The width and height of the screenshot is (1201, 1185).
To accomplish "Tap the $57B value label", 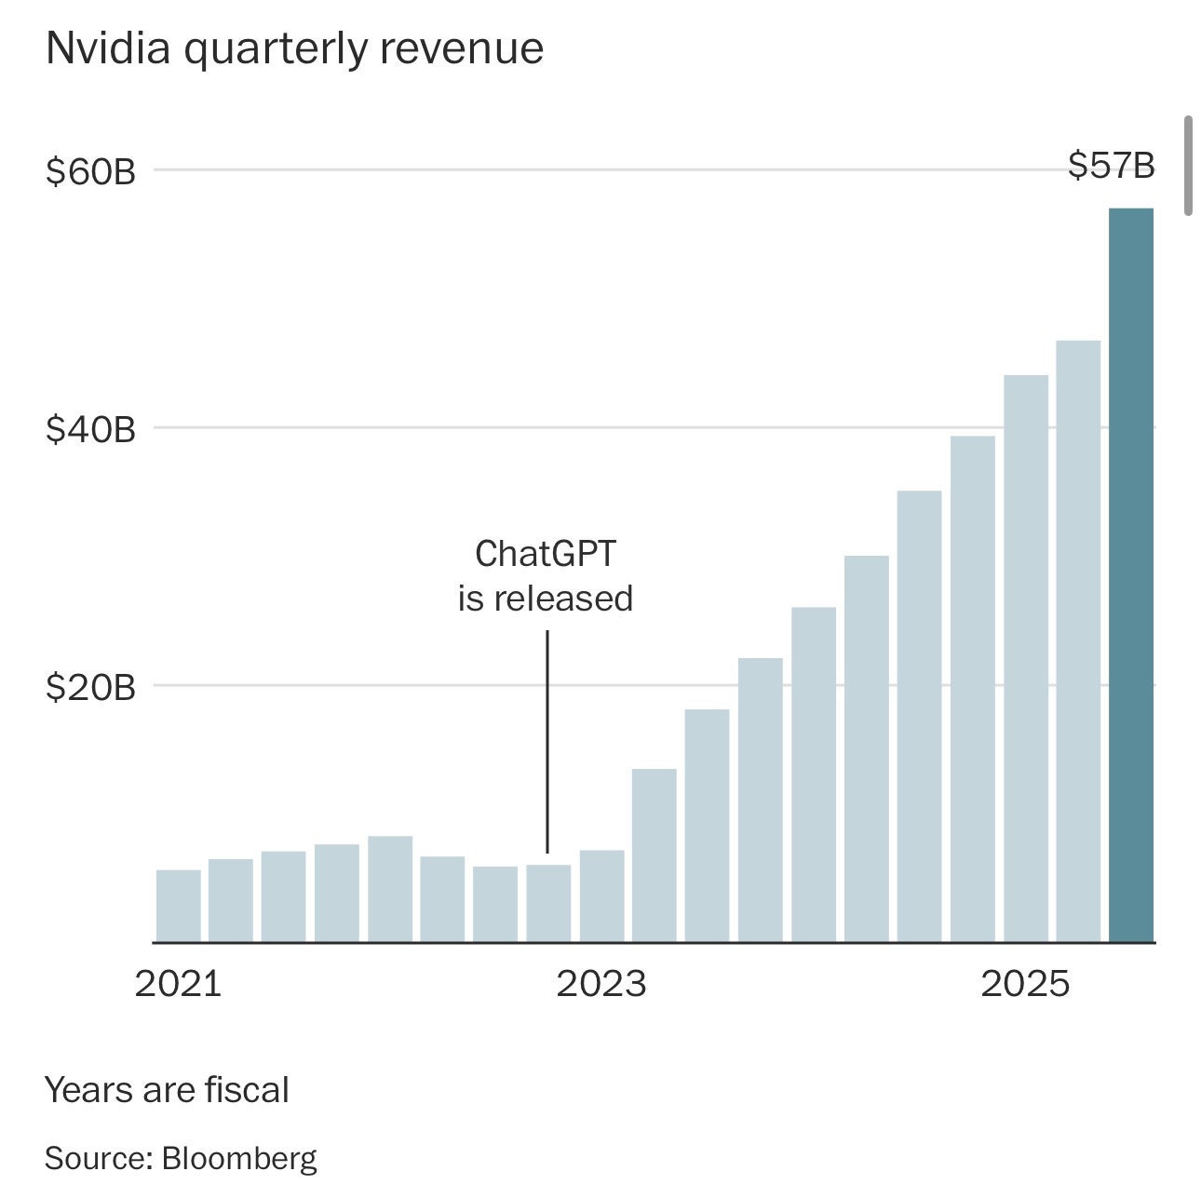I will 1111,166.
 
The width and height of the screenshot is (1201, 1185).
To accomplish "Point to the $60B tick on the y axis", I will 90,171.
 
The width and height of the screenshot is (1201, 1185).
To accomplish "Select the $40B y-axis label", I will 90,429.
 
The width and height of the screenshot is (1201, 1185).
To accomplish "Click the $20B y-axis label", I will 90,687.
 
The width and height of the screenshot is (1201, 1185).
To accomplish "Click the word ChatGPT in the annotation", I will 546,554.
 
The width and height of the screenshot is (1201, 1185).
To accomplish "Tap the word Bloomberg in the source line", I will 239,1158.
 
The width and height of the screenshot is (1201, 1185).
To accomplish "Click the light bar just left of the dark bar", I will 1078,641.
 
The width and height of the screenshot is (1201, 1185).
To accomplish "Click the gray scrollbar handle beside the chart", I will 1188,166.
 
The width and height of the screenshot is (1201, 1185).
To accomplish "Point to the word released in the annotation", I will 563,599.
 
